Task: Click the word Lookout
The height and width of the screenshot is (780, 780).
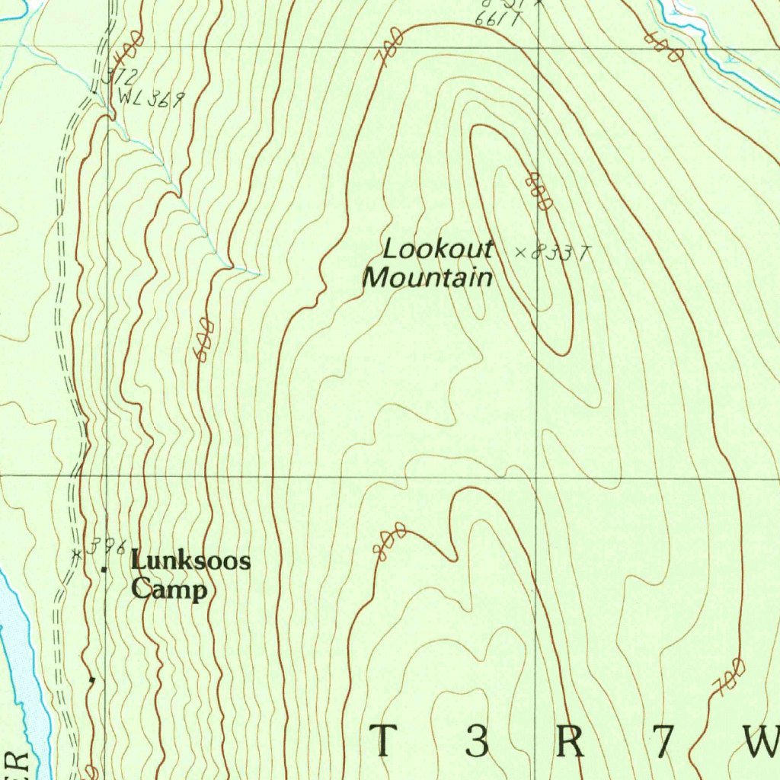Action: pos(438,250)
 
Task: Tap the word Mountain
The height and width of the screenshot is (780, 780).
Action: pos(427,278)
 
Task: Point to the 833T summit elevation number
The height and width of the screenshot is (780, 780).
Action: pos(560,254)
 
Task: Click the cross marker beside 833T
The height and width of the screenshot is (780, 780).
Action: pos(521,252)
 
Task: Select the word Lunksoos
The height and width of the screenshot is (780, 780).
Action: pos(190,562)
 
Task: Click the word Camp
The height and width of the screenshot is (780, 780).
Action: pos(168,590)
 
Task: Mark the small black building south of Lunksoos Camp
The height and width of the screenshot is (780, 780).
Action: pos(92,678)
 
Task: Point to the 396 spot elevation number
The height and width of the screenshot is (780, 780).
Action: pos(104,548)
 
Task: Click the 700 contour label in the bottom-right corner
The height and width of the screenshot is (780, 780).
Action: pos(728,677)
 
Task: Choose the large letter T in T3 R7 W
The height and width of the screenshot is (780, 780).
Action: pos(384,741)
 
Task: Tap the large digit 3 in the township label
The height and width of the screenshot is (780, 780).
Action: pos(477,741)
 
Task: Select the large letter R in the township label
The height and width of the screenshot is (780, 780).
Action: pos(571,741)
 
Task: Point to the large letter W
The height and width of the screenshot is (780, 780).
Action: pos(762,741)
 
